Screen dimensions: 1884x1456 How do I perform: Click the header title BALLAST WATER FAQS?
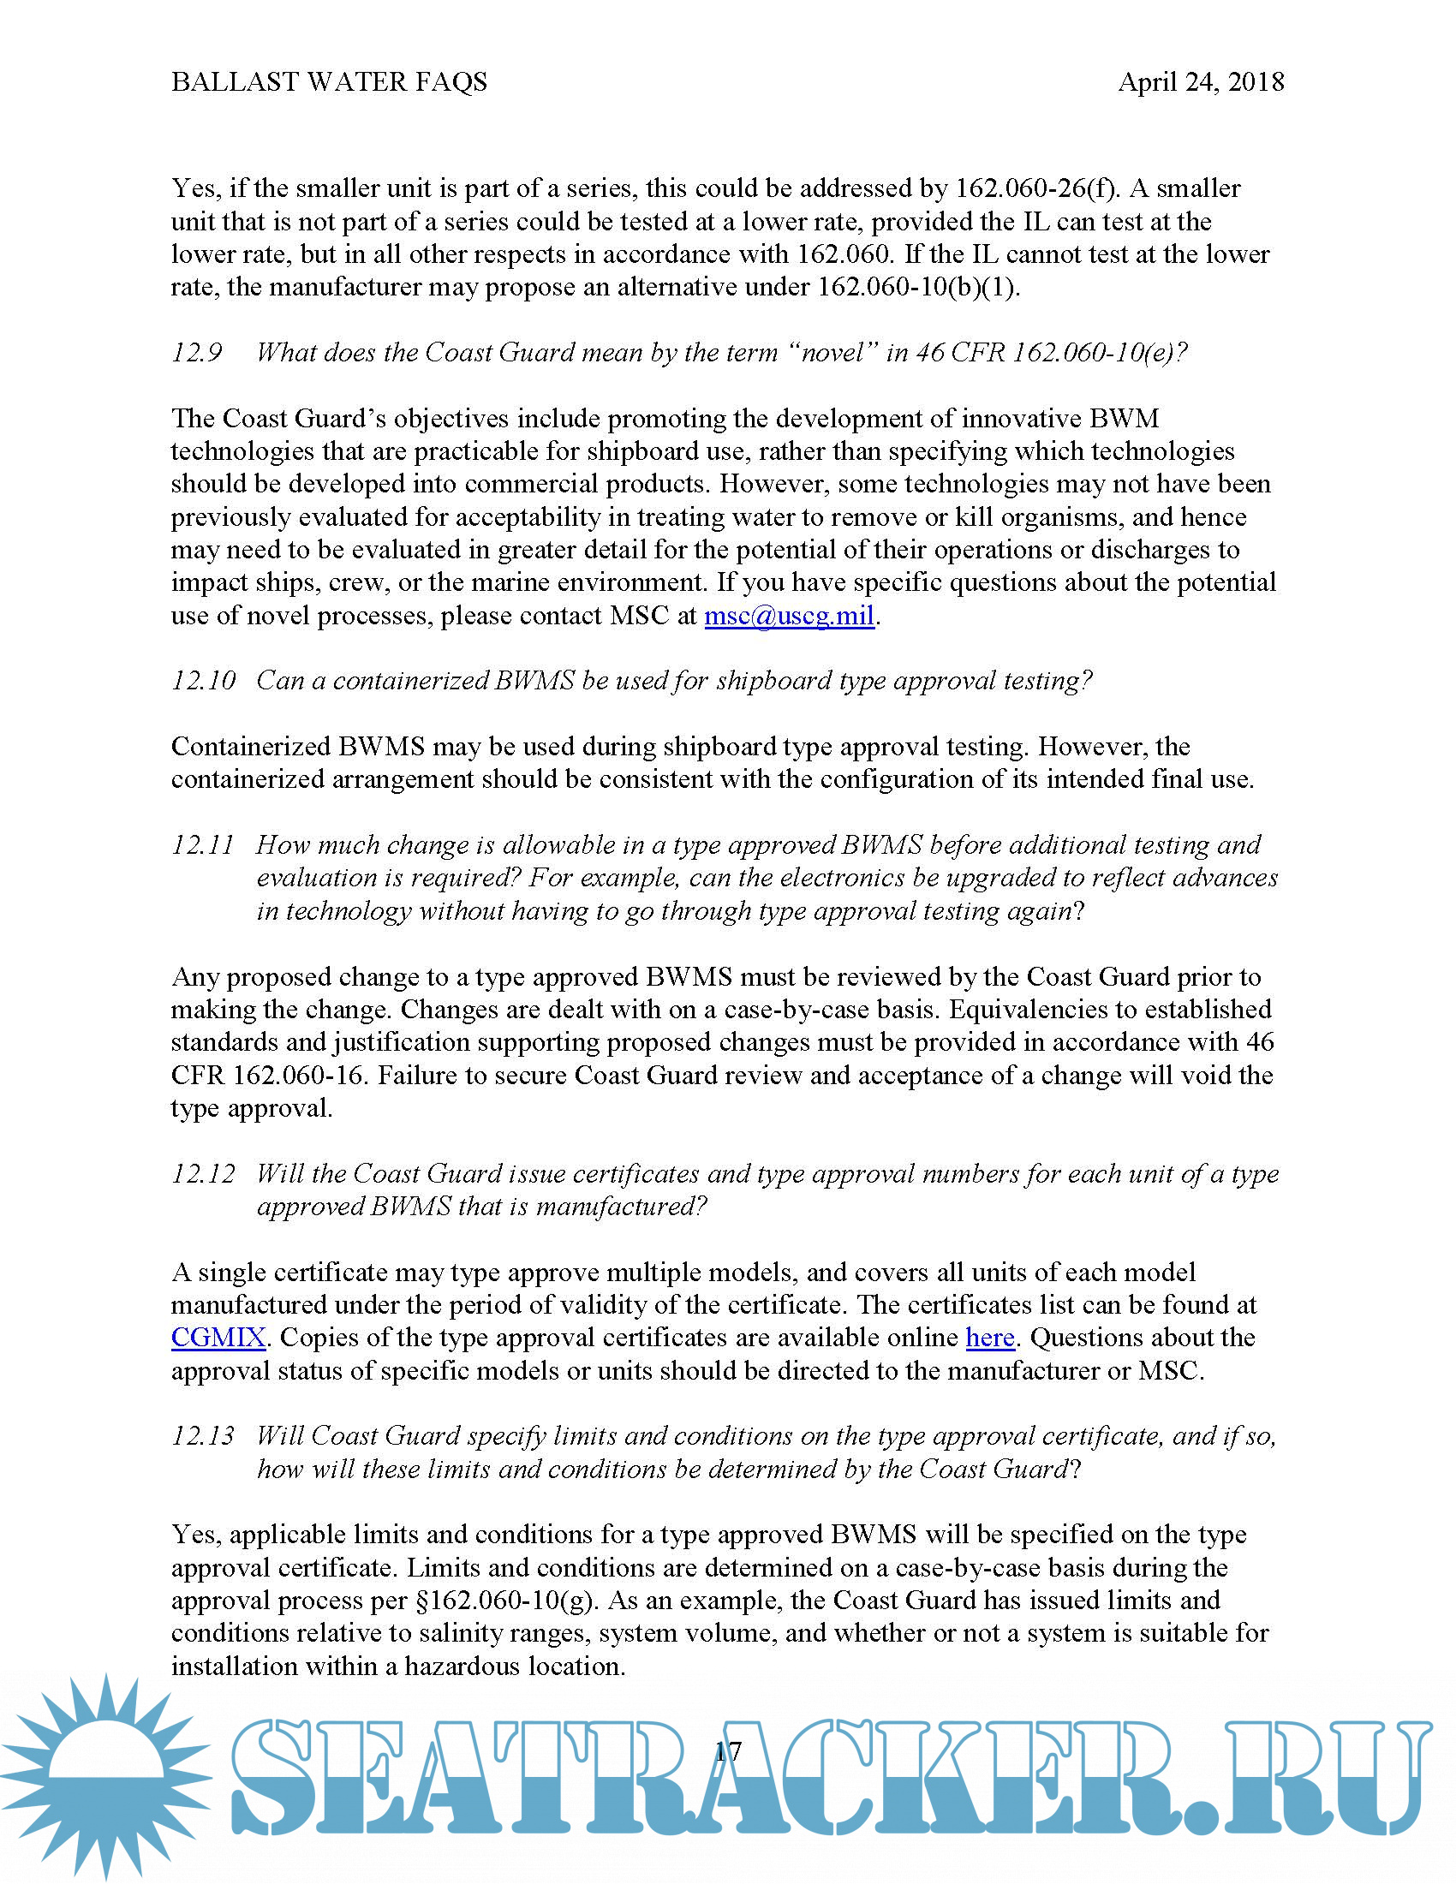click(329, 82)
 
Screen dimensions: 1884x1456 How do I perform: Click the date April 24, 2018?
click(1201, 82)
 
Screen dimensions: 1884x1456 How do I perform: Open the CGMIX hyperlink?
click(218, 1338)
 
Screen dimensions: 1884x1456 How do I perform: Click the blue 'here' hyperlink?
click(989, 1338)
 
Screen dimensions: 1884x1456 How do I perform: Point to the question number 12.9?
click(197, 352)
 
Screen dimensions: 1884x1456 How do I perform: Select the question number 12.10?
click(203, 681)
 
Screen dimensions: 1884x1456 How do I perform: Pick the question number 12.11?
click(203, 844)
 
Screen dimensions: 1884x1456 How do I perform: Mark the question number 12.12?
click(203, 1174)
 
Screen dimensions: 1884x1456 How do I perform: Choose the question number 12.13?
click(203, 1436)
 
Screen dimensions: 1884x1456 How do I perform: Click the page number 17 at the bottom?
click(727, 1750)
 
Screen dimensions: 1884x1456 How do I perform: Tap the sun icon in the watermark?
click(105, 1775)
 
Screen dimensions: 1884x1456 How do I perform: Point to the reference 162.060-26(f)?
click(1035, 188)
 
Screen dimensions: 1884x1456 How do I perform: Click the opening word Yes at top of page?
click(194, 188)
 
